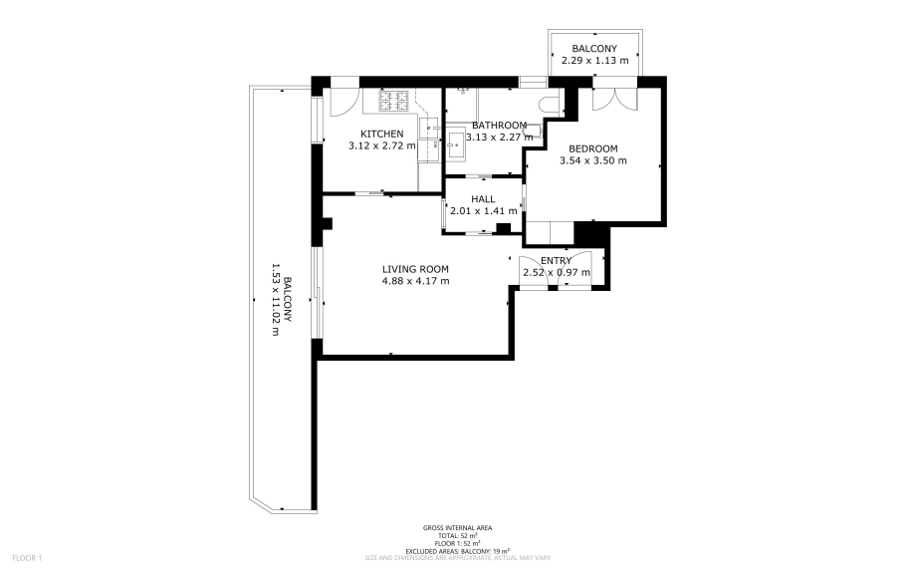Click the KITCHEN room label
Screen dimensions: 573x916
pos(382,134)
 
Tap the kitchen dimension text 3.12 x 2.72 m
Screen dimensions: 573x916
pos(382,145)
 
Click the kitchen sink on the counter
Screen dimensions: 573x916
pos(433,127)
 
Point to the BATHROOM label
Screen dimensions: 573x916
pos(499,125)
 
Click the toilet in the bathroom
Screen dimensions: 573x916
pos(547,105)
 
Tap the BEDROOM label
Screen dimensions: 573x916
pos(592,148)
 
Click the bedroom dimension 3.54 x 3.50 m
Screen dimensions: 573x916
pos(588,160)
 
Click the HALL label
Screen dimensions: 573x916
pos(483,199)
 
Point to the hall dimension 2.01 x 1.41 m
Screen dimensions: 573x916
pos(484,211)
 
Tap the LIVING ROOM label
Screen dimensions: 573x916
pos(415,269)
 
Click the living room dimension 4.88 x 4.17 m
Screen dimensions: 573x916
pos(415,281)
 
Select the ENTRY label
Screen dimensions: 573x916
pos(556,260)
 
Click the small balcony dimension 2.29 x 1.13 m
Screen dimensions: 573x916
pos(594,61)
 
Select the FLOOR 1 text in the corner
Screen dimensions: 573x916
pos(27,558)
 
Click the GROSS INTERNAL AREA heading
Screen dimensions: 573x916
pos(457,528)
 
